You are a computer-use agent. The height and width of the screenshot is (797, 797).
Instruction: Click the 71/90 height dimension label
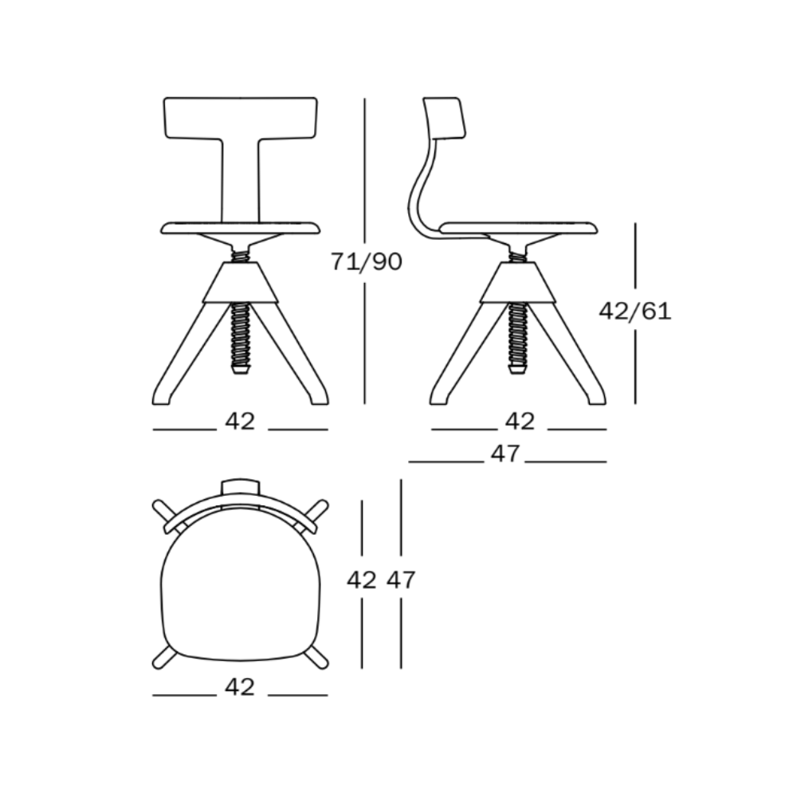click(x=367, y=261)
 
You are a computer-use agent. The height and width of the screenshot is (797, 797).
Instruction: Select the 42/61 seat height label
click(x=635, y=311)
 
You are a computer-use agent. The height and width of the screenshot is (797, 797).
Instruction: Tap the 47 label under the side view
click(x=505, y=453)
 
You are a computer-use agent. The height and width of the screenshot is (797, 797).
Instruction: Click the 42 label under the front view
click(x=240, y=421)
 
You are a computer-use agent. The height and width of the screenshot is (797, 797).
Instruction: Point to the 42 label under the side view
click(x=520, y=421)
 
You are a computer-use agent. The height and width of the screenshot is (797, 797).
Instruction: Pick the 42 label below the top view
click(x=240, y=687)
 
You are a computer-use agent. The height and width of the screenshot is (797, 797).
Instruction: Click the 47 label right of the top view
click(x=401, y=579)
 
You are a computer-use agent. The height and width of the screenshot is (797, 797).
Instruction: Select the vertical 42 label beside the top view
click(x=361, y=579)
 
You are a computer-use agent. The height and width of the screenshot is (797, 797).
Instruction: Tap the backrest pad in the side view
click(x=444, y=117)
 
